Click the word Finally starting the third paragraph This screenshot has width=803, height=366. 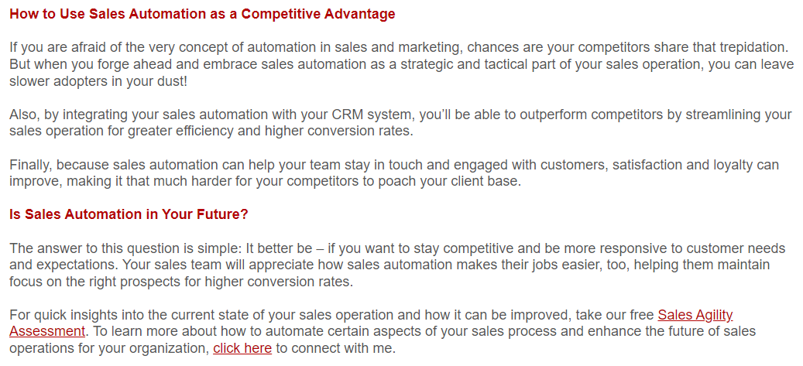(x=29, y=165)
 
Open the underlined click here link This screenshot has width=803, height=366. (x=242, y=349)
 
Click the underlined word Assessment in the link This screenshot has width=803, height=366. (x=47, y=331)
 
